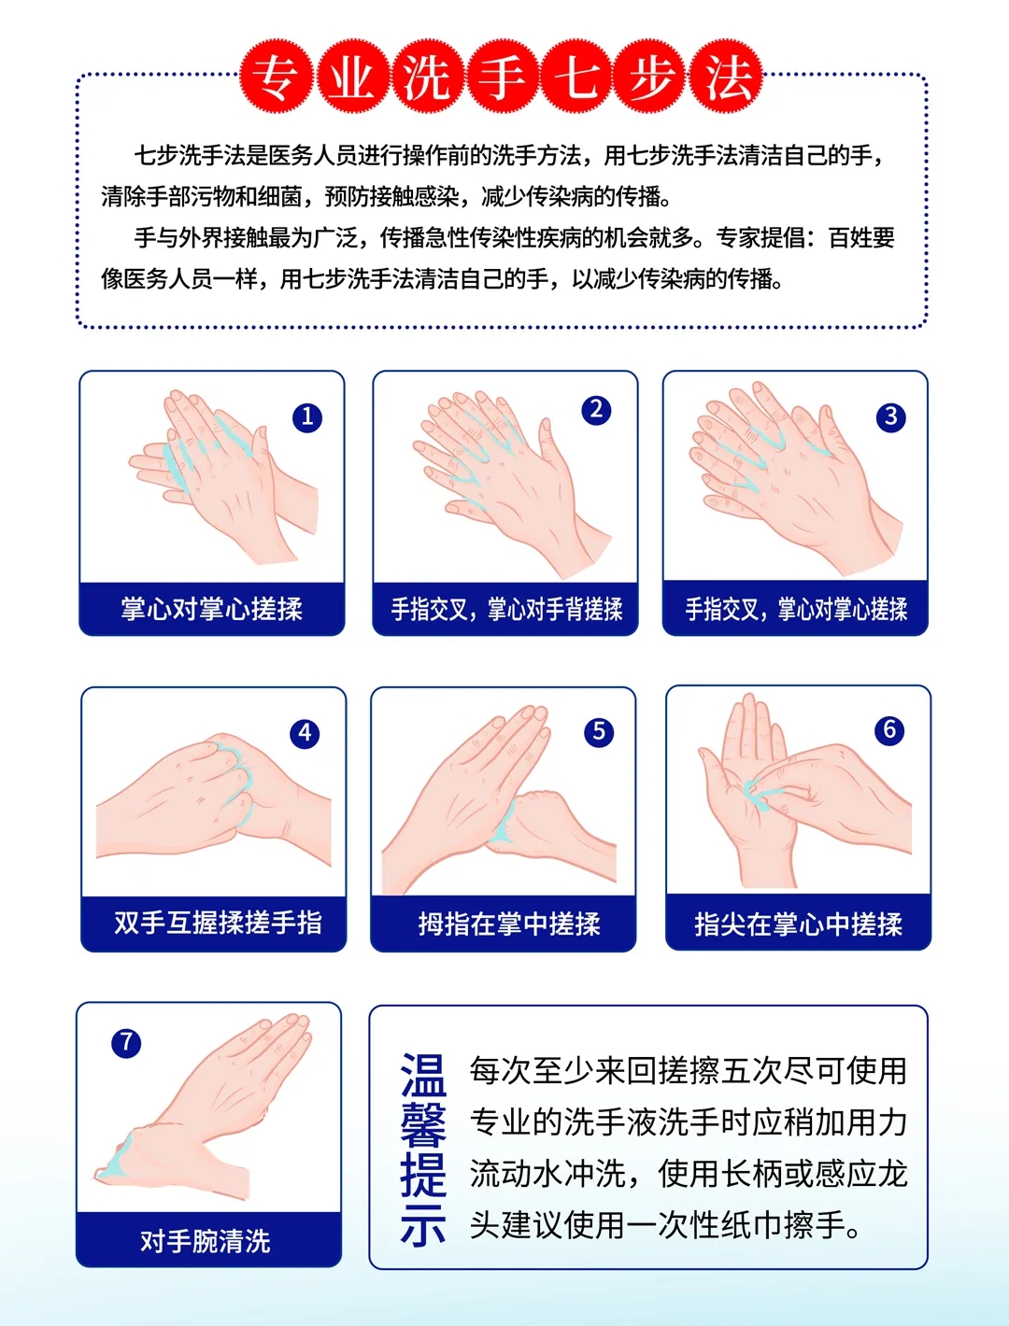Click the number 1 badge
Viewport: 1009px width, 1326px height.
point(307,416)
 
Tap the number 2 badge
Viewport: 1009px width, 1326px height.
point(596,410)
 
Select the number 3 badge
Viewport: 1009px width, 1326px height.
point(890,416)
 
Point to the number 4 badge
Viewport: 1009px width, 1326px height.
point(305,733)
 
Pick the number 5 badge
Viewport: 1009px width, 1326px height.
point(599,732)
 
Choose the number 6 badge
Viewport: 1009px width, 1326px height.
point(889,730)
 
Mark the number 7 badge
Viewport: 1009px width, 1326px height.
point(126,1043)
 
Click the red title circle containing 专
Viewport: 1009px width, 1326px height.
point(277,77)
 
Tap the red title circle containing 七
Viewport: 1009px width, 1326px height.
point(577,77)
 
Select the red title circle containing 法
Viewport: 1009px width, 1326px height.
point(726,77)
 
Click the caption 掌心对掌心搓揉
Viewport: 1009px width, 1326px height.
point(211,609)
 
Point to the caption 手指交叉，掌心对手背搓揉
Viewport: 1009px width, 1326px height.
point(506,609)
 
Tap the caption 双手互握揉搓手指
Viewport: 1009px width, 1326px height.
point(218,924)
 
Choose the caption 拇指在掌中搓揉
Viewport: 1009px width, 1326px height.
point(509,924)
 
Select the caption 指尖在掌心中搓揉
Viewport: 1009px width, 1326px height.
point(798,924)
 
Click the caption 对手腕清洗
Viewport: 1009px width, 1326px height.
point(206,1241)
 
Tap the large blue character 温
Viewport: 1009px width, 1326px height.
point(423,1075)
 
